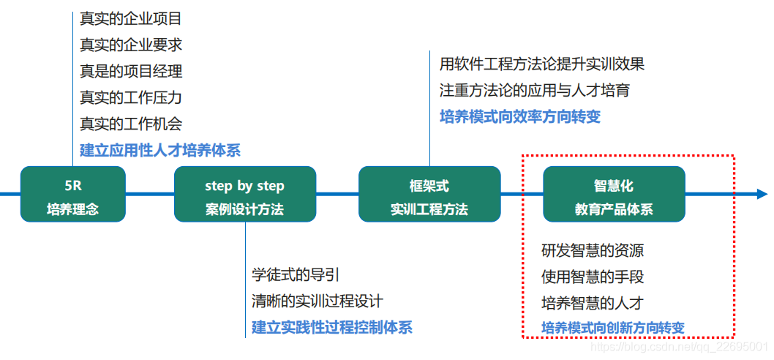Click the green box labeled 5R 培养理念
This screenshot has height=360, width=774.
[x=72, y=194]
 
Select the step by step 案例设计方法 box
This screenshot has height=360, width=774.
[x=244, y=194]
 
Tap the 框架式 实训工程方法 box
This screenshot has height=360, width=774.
[x=429, y=194]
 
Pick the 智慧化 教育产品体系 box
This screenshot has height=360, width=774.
[x=614, y=194]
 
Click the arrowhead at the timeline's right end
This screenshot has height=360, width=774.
[x=761, y=194]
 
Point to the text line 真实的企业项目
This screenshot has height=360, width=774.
[x=131, y=19]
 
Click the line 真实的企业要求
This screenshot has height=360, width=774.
[x=131, y=45]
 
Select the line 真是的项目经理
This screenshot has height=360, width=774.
[x=131, y=72]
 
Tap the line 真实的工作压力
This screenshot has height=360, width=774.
[x=131, y=98]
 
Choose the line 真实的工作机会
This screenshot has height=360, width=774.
[x=131, y=124]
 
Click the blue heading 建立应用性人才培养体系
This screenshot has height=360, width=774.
[x=160, y=151]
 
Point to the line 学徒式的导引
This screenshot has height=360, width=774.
[x=296, y=275]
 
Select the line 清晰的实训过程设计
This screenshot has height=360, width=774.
[x=318, y=301]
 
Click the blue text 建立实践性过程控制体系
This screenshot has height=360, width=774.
[x=332, y=327]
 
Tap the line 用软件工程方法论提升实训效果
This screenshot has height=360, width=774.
[x=542, y=64]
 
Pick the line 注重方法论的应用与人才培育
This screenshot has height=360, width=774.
[x=535, y=91]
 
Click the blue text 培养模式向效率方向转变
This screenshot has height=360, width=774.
[x=520, y=117]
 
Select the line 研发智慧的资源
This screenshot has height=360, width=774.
[x=593, y=251]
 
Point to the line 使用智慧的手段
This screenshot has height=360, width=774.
[x=593, y=277]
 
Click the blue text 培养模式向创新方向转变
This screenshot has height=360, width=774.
[x=613, y=328]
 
